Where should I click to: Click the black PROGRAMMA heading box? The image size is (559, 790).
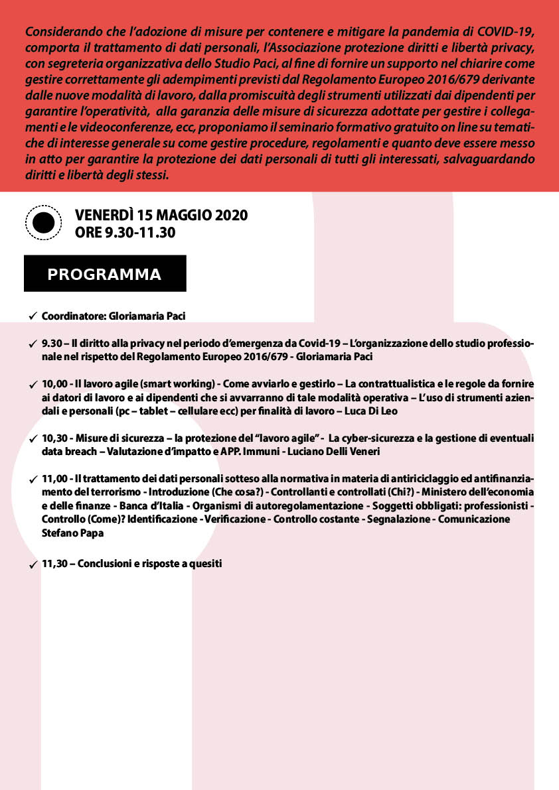click(x=105, y=274)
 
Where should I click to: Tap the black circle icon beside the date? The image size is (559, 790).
click(x=43, y=224)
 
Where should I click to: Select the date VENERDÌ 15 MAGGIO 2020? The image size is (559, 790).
click(x=161, y=216)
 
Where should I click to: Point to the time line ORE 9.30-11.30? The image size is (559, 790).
click(x=125, y=232)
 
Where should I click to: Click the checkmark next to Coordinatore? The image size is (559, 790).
click(x=33, y=316)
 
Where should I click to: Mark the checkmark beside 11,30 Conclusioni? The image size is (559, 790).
click(x=33, y=564)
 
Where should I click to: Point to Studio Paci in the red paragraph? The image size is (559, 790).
click(x=236, y=64)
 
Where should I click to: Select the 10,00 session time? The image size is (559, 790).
click(x=54, y=385)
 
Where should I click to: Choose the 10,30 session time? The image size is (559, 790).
click(x=54, y=439)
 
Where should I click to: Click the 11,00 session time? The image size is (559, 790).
click(x=54, y=480)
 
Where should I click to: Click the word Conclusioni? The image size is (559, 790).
click(x=106, y=564)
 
